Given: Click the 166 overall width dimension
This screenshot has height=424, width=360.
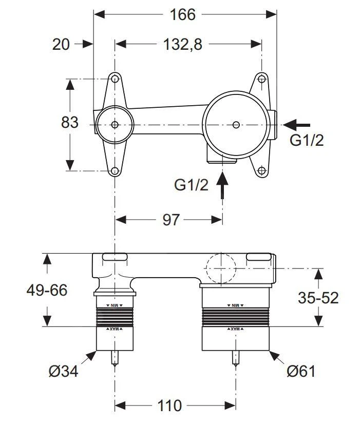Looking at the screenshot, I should (x=183, y=14).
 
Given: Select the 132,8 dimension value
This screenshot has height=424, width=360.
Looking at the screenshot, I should (x=182, y=45).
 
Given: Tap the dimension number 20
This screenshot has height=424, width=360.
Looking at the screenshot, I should (x=61, y=45).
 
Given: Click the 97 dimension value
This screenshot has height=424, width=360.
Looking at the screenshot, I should (x=171, y=220).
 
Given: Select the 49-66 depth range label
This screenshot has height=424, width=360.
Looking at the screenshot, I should (x=47, y=290).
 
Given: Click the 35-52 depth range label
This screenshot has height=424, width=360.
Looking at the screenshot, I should (x=319, y=297).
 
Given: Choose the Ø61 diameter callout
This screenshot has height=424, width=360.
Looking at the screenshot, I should (x=300, y=371).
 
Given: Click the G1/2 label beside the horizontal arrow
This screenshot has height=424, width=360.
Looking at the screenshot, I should (x=307, y=140).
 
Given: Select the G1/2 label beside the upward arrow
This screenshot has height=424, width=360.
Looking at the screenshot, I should (x=191, y=185).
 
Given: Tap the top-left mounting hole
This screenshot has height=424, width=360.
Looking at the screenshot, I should (x=115, y=79).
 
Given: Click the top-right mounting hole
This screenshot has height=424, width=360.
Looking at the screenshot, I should (x=262, y=79).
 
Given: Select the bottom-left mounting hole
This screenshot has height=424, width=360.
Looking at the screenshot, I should (x=115, y=171).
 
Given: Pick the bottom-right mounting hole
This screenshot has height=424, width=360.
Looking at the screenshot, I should (x=262, y=171).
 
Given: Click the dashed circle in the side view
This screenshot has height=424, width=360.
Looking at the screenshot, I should (x=220, y=268).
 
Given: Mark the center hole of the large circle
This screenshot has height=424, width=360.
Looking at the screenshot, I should (x=236, y=124).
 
